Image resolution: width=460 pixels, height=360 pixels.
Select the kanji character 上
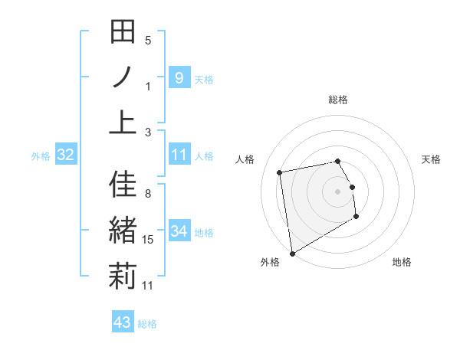[123, 122]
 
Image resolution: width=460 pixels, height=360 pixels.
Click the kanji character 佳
[123, 186]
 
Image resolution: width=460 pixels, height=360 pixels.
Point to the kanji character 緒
[123, 231]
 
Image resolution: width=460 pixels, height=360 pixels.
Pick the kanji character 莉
[123, 275]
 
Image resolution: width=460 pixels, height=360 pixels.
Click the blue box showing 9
[179, 77]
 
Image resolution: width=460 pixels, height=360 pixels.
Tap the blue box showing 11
[179, 155]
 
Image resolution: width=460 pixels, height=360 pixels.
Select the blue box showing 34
[179, 231]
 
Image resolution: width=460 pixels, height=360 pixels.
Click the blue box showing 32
[66, 155]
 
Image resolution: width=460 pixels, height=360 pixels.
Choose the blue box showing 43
[122, 322]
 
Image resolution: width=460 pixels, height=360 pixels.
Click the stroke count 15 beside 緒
[148, 241]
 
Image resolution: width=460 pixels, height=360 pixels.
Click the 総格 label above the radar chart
[338, 100]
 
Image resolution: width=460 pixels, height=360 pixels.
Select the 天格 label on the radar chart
[431, 159]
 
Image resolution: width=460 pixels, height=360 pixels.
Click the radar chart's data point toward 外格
[292, 253]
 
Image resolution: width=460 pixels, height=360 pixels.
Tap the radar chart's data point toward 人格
[281, 172]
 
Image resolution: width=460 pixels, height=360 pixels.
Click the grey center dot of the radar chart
[338, 191]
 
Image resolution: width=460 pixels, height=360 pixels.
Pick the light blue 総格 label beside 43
[147, 324]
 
